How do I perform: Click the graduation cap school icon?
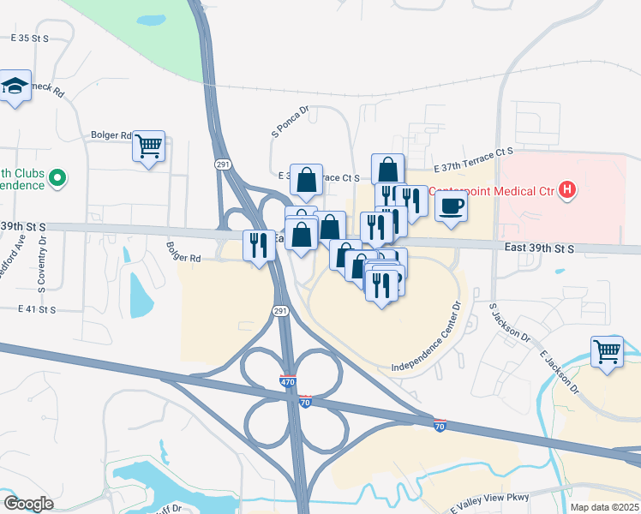[x=15, y=87]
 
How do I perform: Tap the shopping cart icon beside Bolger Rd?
[x=148, y=146]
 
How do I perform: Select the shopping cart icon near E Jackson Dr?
[x=607, y=351]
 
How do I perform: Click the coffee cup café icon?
[x=451, y=206]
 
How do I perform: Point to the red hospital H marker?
[x=566, y=189]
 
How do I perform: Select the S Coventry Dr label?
[x=40, y=261]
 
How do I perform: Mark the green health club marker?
[x=58, y=178]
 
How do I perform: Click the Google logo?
[x=27, y=503]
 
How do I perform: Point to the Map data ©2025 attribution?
[x=604, y=507]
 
